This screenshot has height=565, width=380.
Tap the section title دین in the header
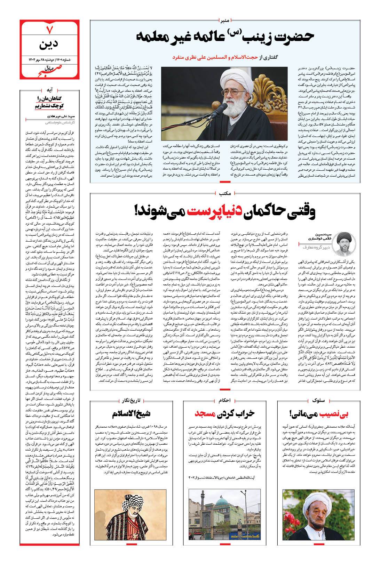click(x=48, y=45)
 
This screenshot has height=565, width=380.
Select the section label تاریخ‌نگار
click(x=132, y=401)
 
